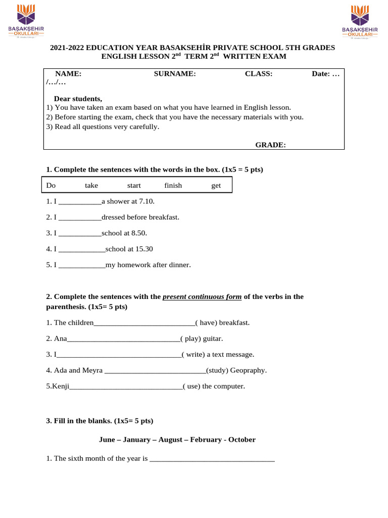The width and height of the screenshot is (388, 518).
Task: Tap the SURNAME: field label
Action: [x=175, y=74]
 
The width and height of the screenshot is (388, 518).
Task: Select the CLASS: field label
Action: [x=259, y=74]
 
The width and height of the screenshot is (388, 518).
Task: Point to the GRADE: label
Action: [x=270, y=145]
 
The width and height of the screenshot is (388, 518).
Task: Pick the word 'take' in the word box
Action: [x=91, y=186]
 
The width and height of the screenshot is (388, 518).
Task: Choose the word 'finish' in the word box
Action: [x=173, y=186]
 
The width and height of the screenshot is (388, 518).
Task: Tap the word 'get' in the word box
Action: [x=216, y=186]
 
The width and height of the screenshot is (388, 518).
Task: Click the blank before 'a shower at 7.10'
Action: [x=80, y=202]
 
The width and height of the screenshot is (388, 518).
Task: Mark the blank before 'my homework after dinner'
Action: [x=82, y=265]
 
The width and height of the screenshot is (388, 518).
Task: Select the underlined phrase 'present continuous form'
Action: [x=202, y=297]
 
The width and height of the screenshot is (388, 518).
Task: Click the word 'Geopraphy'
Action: [x=248, y=370]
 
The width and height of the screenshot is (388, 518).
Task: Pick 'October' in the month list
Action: [x=242, y=440]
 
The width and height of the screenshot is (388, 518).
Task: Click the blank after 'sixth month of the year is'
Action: [x=212, y=459]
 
